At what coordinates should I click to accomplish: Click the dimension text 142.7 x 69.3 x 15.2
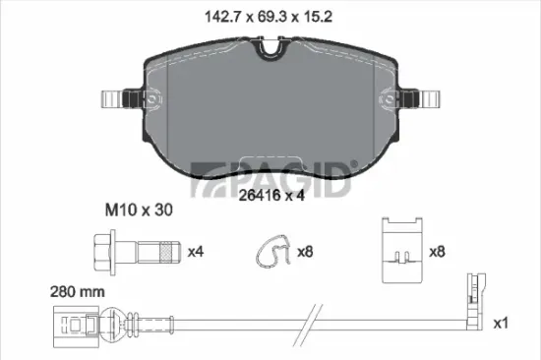click(270, 17)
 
